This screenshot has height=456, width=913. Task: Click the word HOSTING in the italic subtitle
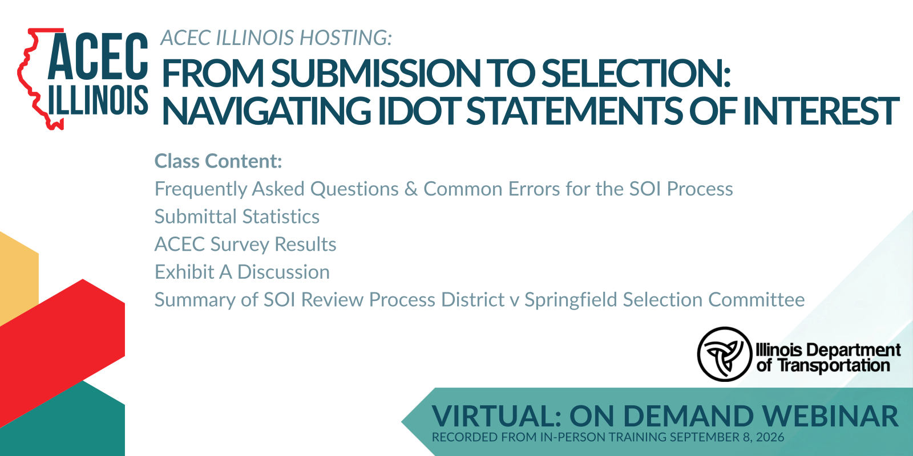click(x=346, y=38)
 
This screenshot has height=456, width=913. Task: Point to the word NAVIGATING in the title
click(x=266, y=111)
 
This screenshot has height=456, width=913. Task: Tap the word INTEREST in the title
click(x=821, y=111)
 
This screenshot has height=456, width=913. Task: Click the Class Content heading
click(x=218, y=161)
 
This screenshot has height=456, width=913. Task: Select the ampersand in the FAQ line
click(x=411, y=189)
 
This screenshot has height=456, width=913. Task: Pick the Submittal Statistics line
click(x=237, y=217)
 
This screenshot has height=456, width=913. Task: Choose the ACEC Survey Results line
click(x=245, y=245)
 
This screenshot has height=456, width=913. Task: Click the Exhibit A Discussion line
click(x=242, y=272)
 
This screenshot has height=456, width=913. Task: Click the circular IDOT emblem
click(x=724, y=354)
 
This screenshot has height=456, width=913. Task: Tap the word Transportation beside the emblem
click(x=834, y=365)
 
